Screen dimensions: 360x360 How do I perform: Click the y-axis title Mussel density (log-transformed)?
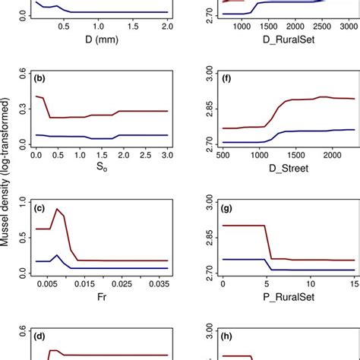8,180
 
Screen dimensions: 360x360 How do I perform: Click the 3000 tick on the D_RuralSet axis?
346,25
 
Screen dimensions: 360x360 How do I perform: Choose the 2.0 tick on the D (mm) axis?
166,25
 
